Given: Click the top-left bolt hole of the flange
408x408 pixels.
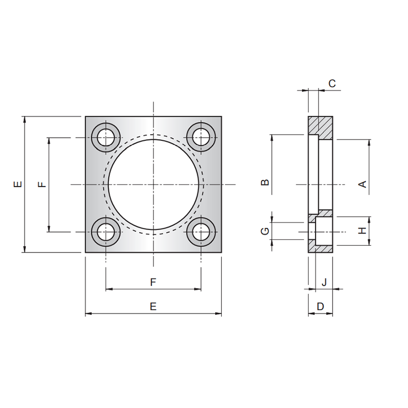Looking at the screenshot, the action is [106, 137].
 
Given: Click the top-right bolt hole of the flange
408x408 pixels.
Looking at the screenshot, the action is [201, 137].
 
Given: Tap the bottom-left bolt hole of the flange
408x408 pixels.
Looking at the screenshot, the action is [106, 232].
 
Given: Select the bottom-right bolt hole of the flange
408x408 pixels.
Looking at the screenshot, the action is [201, 232].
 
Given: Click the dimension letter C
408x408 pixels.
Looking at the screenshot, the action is [332, 84].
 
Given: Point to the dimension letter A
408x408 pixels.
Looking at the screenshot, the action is [363, 184].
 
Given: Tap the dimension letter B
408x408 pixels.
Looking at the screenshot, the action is [265, 182].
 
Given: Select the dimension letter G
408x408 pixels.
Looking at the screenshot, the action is [265, 231].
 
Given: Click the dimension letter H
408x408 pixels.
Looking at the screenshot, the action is [363, 231].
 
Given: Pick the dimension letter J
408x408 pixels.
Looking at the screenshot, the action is [324, 282].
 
